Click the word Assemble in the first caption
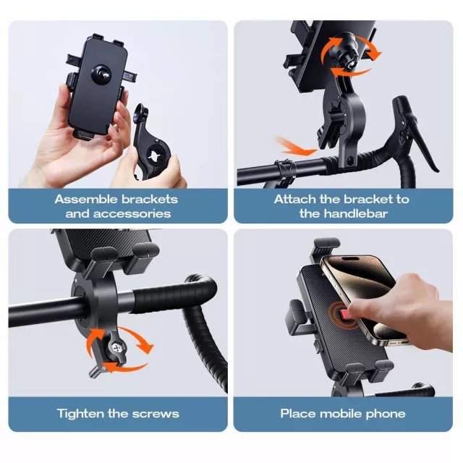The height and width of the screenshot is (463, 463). (86, 200)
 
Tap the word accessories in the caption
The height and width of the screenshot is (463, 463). (132, 214)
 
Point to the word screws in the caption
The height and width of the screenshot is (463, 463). (156, 415)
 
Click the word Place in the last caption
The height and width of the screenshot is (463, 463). (298, 414)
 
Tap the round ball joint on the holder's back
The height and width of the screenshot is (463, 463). (101, 74)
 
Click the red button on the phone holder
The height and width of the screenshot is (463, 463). (344, 315)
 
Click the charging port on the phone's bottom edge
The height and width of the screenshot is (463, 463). (395, 344)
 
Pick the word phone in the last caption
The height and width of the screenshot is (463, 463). (386, 414)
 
